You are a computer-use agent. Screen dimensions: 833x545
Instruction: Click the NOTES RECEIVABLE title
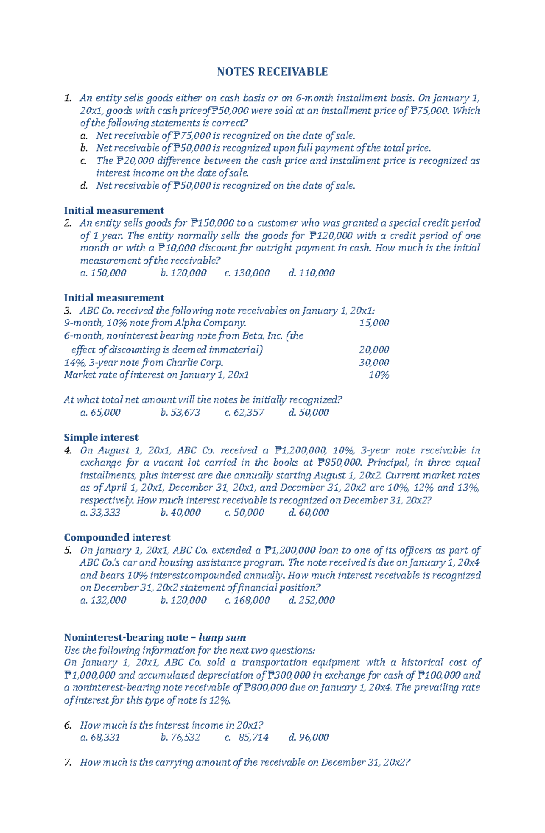click(x=272, y=72)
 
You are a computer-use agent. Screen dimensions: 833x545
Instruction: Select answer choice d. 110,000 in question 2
click(x=312, y=273)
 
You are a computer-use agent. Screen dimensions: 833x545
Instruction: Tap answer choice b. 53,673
click(x=180, y=413)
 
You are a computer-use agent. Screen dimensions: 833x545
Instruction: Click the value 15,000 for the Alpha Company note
click(x=374, y=323)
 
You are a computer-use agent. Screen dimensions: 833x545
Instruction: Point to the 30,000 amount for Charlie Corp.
click(x=374, y=363)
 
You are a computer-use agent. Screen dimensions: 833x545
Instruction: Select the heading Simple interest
click(x=101, y=438)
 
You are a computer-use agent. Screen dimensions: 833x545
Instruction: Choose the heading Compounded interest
click(x=117, y=537)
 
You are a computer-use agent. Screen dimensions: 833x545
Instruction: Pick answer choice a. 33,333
click(x=100, y=513)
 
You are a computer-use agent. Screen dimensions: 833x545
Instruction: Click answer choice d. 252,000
click(x=312, y=600)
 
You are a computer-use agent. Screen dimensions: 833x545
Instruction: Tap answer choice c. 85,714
click(x=247, y=738)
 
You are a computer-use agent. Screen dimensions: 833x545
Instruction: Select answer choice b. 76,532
click(x=180, y=738)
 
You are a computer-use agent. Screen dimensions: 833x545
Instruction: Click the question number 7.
click(x=68, y=763)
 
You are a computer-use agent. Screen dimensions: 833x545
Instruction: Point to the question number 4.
click(x=68, y=451)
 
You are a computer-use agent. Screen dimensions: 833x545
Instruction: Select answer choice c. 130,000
click(x=247, y=273)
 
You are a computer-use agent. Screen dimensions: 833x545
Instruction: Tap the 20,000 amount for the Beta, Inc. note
click(x=374, y=350)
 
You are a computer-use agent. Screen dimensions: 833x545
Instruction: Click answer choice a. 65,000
click(x=100, y=413)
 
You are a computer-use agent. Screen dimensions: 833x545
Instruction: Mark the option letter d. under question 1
click(x=83, y=186)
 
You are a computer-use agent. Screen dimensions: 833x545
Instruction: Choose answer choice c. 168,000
click(x=247, y=600)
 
